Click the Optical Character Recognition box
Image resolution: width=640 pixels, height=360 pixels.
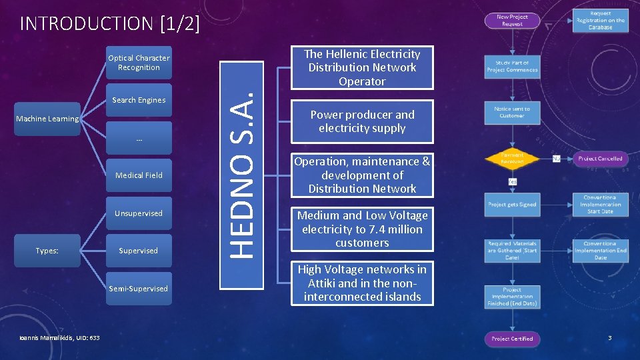pyautogui.click(x=139, y=63)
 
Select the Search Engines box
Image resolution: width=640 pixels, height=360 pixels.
pyautogui.click(x=139, y=100)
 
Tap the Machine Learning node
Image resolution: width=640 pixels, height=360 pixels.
pyautogui.click(x=47, y=119)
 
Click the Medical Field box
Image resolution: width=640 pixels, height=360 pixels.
pyautogui.click(x=139, y=175)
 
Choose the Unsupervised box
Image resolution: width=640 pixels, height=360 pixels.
pyautogui.click(x=139, y=213)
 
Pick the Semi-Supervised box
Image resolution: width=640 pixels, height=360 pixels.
pyautogui.click(x=139, y=289)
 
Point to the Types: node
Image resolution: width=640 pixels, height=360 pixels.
pyautogui.click(x=47, y=251)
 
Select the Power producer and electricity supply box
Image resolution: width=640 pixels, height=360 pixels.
pyautogui.click(x=362, y=121)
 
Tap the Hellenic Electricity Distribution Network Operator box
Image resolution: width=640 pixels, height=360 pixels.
pyautogui.click(x=362, y=67)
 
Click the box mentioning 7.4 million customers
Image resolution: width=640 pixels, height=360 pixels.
pyautogui.click(x=362, y=229)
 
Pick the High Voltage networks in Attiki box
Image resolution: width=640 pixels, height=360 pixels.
pyautogui.click(x=362, y=283)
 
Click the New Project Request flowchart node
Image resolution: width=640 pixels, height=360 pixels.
pyautogui.click(x=512, y=20)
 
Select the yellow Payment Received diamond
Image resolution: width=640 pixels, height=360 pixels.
pyautogui.click(x=512, y=159)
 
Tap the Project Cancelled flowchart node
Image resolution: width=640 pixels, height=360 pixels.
pyautogui.click(x=600, y=159)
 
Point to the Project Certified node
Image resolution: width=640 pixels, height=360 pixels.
pyautogui.click(x=512, y=339)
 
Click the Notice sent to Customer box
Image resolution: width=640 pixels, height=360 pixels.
pyautogui.click(x=512, y=112)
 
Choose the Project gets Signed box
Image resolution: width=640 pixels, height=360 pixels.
pyautogui.click(x=512, y=205)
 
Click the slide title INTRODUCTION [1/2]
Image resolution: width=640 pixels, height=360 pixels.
pyautogui.click(x=110, y=24)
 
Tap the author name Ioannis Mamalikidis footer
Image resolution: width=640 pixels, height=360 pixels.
pyautogui.click(x=60, y=338)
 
